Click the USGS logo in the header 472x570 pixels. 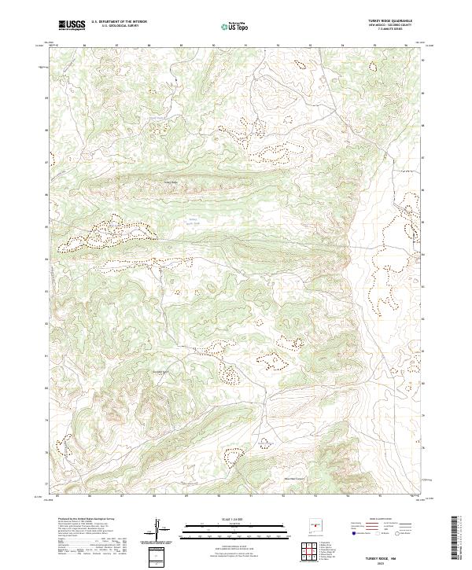click(x=72, y=25)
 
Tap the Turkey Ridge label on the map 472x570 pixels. click(x=171, y=183)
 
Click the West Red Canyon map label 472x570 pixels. click(x=294, y=477)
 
